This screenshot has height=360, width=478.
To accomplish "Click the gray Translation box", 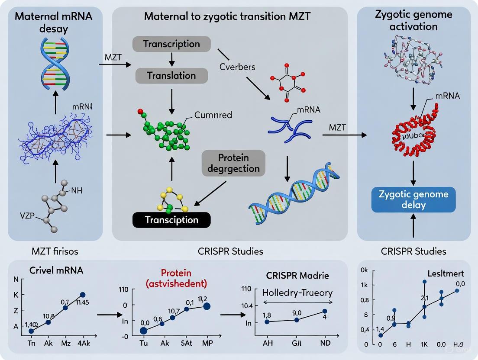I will (x=171, y=75).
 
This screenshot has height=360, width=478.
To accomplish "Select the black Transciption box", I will (x=171, y=220).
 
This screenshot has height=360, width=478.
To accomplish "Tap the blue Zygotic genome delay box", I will (x=413, y=199).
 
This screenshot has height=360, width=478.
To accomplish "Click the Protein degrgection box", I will (x=233, y=163).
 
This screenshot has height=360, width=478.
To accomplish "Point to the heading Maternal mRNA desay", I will (x=55, y=24).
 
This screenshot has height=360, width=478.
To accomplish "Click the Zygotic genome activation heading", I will (x=413, y=20).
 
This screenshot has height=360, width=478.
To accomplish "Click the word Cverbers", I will (x=237, y=67).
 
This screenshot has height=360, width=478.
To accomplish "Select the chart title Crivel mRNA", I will (x=56, y=270).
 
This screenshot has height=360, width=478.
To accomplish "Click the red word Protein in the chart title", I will (x=176, y=273).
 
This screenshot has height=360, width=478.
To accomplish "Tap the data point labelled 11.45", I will (x=82, y=295).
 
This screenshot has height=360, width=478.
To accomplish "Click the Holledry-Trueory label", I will (x=297, y=292).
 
